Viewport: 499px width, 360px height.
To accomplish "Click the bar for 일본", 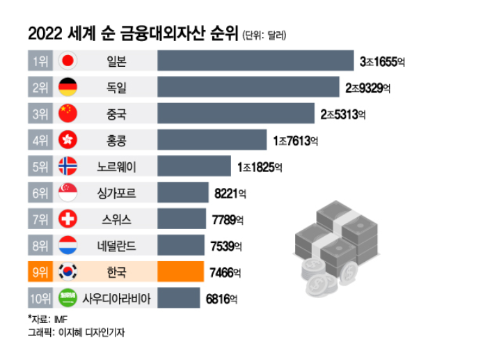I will (x=255, y=61).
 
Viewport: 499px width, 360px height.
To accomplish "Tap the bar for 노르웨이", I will (x=194, y=166).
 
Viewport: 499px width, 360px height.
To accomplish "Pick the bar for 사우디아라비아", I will (x=179, y=298).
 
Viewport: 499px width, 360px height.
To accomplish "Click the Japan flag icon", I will (x=68, y=61).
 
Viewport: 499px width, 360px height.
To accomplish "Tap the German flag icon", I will (x=68, y=88).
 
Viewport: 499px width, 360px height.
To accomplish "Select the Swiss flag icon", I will (x=68, y=219).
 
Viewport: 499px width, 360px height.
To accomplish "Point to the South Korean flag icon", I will (x=68, y=272).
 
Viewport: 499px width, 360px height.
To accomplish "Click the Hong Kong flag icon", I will (x=68, y=140).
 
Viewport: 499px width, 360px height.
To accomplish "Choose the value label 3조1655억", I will (x=382, y=62).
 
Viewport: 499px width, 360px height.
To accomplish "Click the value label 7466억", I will (x=226, y=272).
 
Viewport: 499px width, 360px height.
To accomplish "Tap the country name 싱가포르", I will (x=114, y=193).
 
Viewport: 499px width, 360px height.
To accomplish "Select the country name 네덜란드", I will (x=114, y=246).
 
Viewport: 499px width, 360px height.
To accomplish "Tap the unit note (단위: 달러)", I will (x=264, y=35).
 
